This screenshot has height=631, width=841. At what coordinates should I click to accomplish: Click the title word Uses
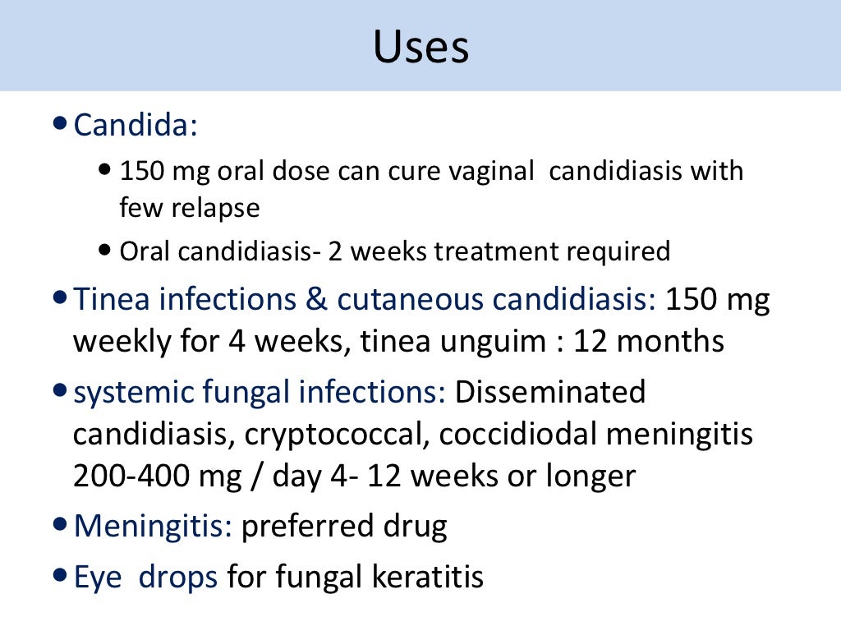tap(420, 47)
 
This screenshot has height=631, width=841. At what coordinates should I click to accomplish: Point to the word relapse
tap(215, 208)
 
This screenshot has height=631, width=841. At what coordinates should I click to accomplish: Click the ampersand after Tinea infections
tap(316, 300)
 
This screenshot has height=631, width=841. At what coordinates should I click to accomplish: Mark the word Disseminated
tap(550, 393)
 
